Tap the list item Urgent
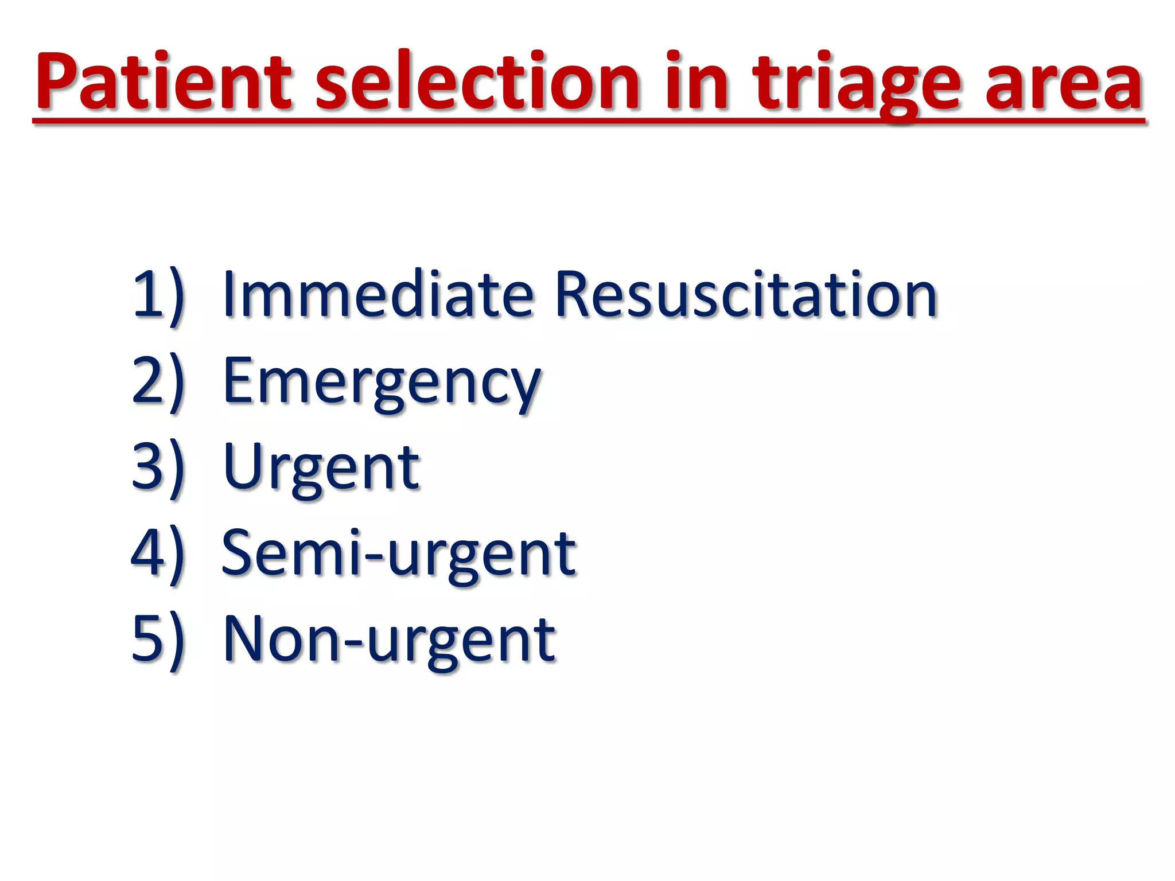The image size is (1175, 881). (321, 467)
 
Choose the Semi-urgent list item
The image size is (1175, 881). (399, 553)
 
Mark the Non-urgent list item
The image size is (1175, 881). (389, 640)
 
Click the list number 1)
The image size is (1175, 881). (158, 295)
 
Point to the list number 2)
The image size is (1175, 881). (158, 381)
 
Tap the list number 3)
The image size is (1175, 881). (158, 467)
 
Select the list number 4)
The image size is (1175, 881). (158, 553)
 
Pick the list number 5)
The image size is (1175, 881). (158, 640)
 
